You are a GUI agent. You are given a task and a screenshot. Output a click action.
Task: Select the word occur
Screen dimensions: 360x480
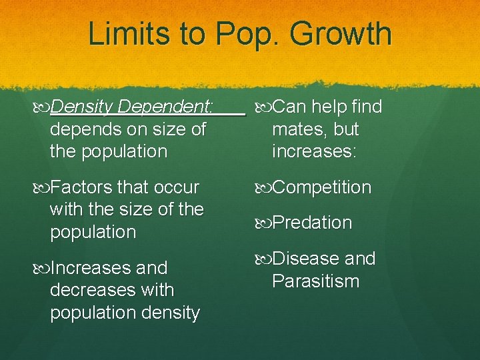coord(175,187)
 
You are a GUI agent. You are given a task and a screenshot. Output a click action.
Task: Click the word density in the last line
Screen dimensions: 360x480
coord(167,313)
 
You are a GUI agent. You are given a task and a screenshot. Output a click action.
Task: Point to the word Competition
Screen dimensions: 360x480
coord(321,187)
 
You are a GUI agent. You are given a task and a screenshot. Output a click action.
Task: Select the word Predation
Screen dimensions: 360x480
coord(312,223)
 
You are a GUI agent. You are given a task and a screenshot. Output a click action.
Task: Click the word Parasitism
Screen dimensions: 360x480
coord(315,281)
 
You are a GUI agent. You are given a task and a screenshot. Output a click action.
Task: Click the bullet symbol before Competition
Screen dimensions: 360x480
coord(263,188)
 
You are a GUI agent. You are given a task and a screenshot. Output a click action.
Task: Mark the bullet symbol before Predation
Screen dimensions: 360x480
coord(263,223)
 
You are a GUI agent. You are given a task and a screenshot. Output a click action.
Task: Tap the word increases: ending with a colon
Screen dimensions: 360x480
coord(314,151)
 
